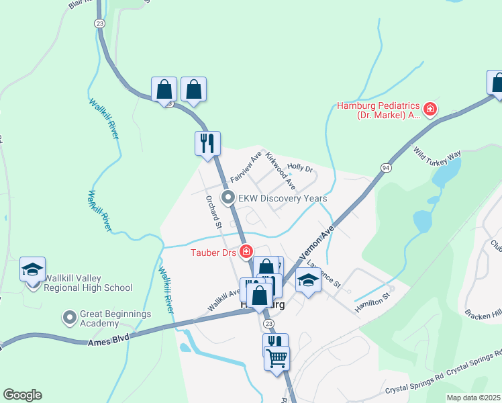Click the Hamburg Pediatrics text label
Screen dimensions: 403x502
click(378, 109)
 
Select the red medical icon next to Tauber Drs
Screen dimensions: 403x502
click(246, 251)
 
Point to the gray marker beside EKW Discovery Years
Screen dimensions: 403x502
click(228, 198)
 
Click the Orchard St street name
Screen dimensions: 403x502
click(214, 212)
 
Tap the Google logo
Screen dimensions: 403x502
click(22, 395)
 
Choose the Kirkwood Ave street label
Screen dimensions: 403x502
click(281, 171)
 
